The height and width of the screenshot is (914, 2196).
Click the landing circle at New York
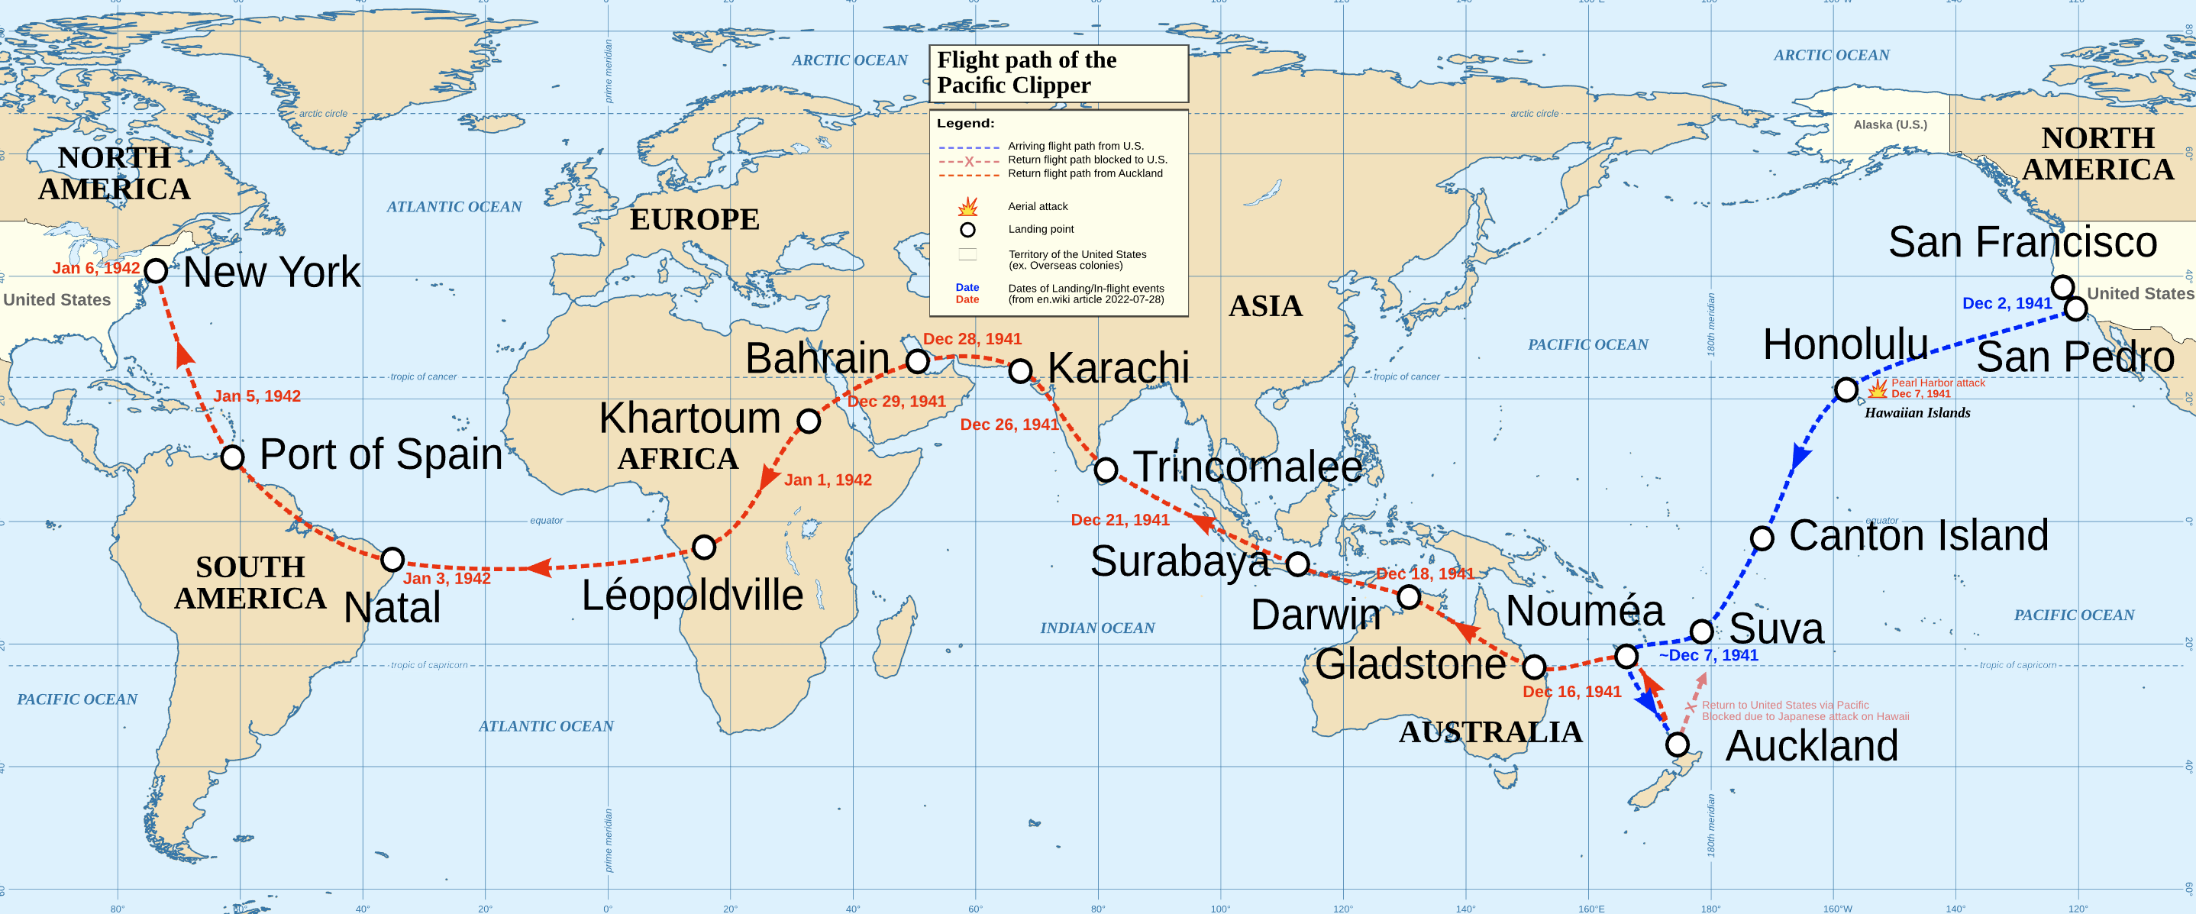(156, 270)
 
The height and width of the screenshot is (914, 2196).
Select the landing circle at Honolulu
(1846, 389)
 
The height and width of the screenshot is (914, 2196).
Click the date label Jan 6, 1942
(95, 268)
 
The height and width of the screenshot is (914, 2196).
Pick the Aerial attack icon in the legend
(967, 206)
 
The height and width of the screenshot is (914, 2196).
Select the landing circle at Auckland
(1677, 744)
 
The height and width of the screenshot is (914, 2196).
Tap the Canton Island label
(1918, 535)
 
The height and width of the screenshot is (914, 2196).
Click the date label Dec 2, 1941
(2006, 304)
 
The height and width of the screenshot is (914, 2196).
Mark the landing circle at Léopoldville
(703, 547)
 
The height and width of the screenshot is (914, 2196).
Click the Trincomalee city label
(1247, 467)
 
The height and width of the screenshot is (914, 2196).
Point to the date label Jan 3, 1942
(447, 578)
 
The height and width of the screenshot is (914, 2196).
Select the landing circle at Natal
(392, 559)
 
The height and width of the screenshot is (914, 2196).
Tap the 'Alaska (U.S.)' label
(1889, 124)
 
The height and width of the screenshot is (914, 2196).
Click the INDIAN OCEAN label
(1096, 628)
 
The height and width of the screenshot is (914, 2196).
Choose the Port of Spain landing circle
(233, 456)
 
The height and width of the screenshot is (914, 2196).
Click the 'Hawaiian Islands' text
(1917, 412)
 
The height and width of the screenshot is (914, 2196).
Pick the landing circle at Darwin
(1410, 597)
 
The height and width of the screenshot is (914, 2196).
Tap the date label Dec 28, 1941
(972, 338)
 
